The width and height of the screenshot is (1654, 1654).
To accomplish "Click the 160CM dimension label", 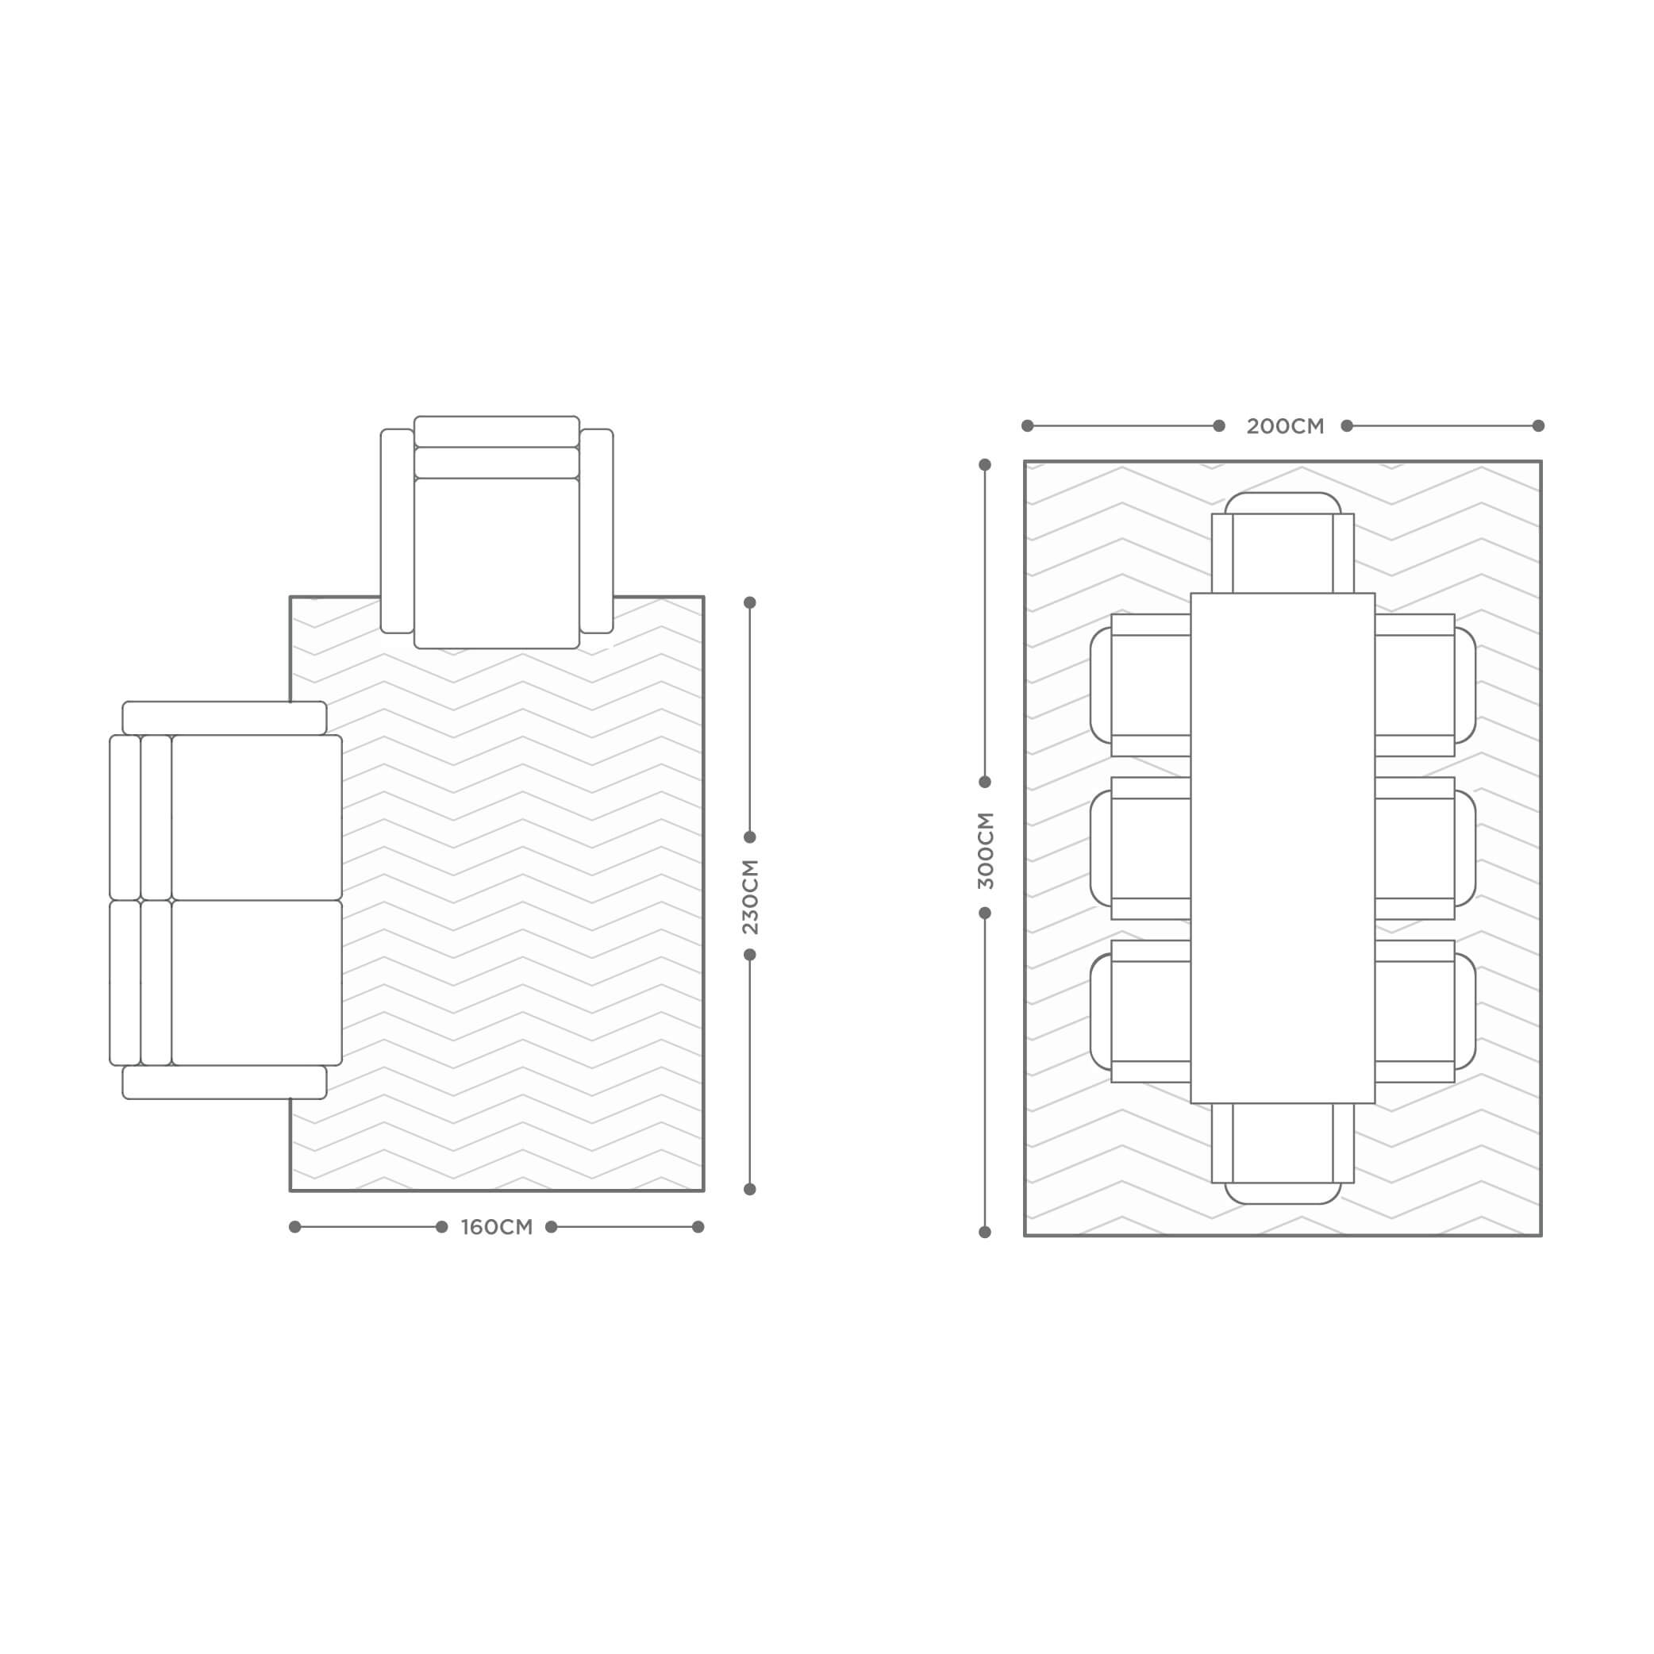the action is point(497,1228).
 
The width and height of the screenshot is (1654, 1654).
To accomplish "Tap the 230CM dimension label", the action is point(750,896).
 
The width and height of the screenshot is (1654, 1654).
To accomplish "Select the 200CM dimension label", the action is point(1285,426).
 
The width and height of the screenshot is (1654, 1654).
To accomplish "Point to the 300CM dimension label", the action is point(986,851).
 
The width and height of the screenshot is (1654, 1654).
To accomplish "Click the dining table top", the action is point(1283,848).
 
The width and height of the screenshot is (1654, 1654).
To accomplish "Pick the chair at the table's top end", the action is point(1283,543).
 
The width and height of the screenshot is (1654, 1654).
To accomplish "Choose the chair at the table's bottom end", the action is point(1283,1153).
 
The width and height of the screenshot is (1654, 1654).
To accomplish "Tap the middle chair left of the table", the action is point(1140,848).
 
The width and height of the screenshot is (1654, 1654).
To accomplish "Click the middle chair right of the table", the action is point(1425,848).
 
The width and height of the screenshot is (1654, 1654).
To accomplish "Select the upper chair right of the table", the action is point(1425,685).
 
